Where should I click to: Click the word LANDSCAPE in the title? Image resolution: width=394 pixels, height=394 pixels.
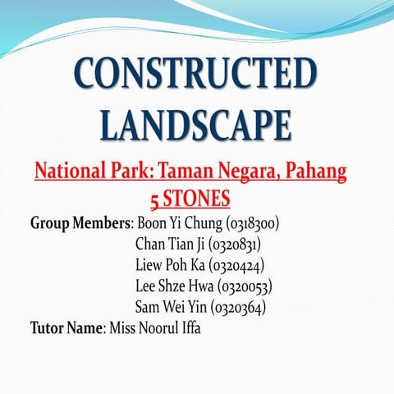tap(196, 126)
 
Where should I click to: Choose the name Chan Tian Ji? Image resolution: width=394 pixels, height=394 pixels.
tap(170, 244)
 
